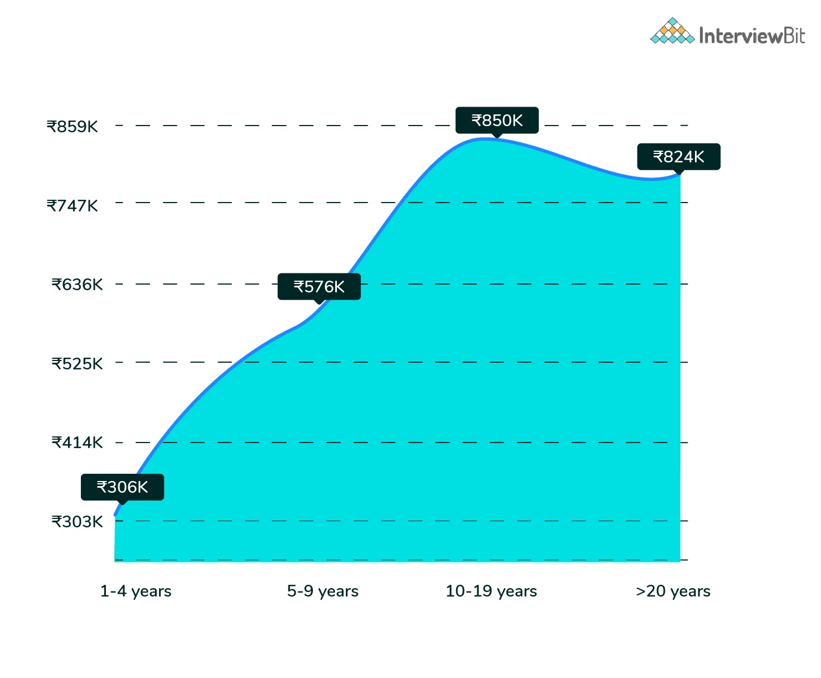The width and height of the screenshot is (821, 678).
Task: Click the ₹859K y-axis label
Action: click(72, 127)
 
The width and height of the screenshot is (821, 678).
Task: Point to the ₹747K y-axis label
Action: click(72, 206)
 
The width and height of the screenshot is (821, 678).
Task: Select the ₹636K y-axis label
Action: click(77, 285)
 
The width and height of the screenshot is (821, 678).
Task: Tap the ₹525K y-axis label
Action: click(77, 364)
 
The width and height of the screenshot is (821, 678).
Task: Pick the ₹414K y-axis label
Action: click(77, 443)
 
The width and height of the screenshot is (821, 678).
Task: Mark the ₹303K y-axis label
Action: click(77, 522)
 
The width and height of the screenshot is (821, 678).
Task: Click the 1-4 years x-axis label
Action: click(136, 591)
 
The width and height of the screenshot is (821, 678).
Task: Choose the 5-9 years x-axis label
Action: click(322, 591)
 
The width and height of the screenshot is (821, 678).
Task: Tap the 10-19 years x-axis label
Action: click(491, 591)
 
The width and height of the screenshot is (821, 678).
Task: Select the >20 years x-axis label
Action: click(673, 591)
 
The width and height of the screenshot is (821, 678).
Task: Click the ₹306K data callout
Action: click(122, 487)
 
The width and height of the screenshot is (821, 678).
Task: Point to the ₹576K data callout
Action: click(319, 287)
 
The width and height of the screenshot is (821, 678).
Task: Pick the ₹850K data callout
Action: click(497, 121)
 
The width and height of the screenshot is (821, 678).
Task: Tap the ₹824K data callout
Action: click(678, 157)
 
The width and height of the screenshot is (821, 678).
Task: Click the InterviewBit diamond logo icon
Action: click(672, 31)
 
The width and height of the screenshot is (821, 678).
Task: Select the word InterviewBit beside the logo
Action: click(752, 36)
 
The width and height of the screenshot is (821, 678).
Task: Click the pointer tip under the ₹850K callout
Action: click(497, 136)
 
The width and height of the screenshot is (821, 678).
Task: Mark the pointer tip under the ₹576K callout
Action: click(319, 302)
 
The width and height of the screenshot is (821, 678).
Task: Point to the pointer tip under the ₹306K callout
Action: click(122, 503)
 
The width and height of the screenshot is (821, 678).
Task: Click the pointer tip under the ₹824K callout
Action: click(678, 172)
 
